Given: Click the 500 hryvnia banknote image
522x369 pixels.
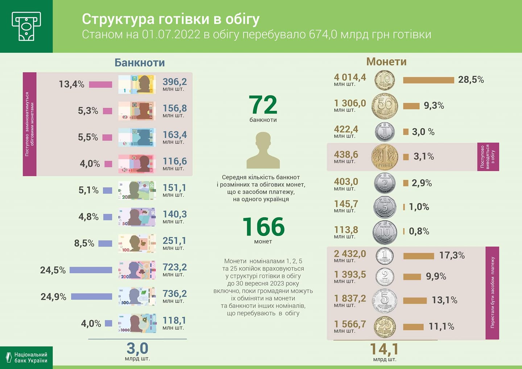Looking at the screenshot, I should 137,297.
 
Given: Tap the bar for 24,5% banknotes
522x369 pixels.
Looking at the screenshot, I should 91,270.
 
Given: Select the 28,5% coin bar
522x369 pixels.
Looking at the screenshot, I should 428,80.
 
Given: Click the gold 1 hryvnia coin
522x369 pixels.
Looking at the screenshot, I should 385,157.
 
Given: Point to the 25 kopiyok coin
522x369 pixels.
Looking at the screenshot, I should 385,327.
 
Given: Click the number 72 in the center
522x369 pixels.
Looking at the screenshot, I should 263,105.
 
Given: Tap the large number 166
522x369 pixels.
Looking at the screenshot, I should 263,227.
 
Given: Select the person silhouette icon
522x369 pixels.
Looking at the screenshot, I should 263,150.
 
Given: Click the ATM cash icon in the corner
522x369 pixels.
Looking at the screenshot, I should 26,26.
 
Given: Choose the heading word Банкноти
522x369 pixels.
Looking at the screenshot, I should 140,63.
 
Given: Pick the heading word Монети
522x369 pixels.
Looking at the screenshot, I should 386,62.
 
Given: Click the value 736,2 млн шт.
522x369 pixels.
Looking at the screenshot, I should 174,296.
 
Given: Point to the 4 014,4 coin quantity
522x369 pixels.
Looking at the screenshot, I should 350,79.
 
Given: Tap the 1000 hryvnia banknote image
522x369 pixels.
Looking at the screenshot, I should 137,323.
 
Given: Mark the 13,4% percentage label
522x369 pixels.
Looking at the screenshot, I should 71,84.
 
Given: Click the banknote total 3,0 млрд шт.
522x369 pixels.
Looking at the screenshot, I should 137,351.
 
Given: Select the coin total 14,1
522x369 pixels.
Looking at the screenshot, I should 384,350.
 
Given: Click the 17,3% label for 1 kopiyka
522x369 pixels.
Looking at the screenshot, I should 452,256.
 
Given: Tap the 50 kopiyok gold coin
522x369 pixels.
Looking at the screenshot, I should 385,106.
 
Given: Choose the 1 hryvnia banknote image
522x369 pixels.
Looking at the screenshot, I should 137,84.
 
